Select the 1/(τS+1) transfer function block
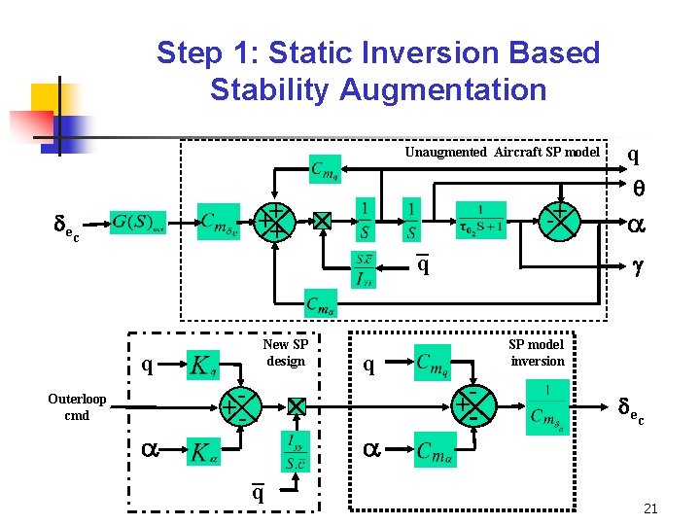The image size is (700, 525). (479, 220)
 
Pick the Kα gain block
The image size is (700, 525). (203, 452)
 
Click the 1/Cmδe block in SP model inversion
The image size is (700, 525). (546, 406)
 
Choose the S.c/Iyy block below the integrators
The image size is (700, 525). (364, 270)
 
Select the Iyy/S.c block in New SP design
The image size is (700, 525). (297, 452)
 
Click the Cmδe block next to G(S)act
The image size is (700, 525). (220, 221)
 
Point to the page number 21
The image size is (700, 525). (651, 508)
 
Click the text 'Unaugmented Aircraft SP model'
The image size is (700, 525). (502, 152)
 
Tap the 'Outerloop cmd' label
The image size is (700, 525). (77, 407)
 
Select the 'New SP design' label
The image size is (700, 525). (285, 353)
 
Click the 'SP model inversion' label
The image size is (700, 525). (536, 353)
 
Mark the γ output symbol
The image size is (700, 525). (638, 263)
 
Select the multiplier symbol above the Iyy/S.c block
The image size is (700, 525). (297, 405)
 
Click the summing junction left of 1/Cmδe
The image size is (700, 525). (471, 405)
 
